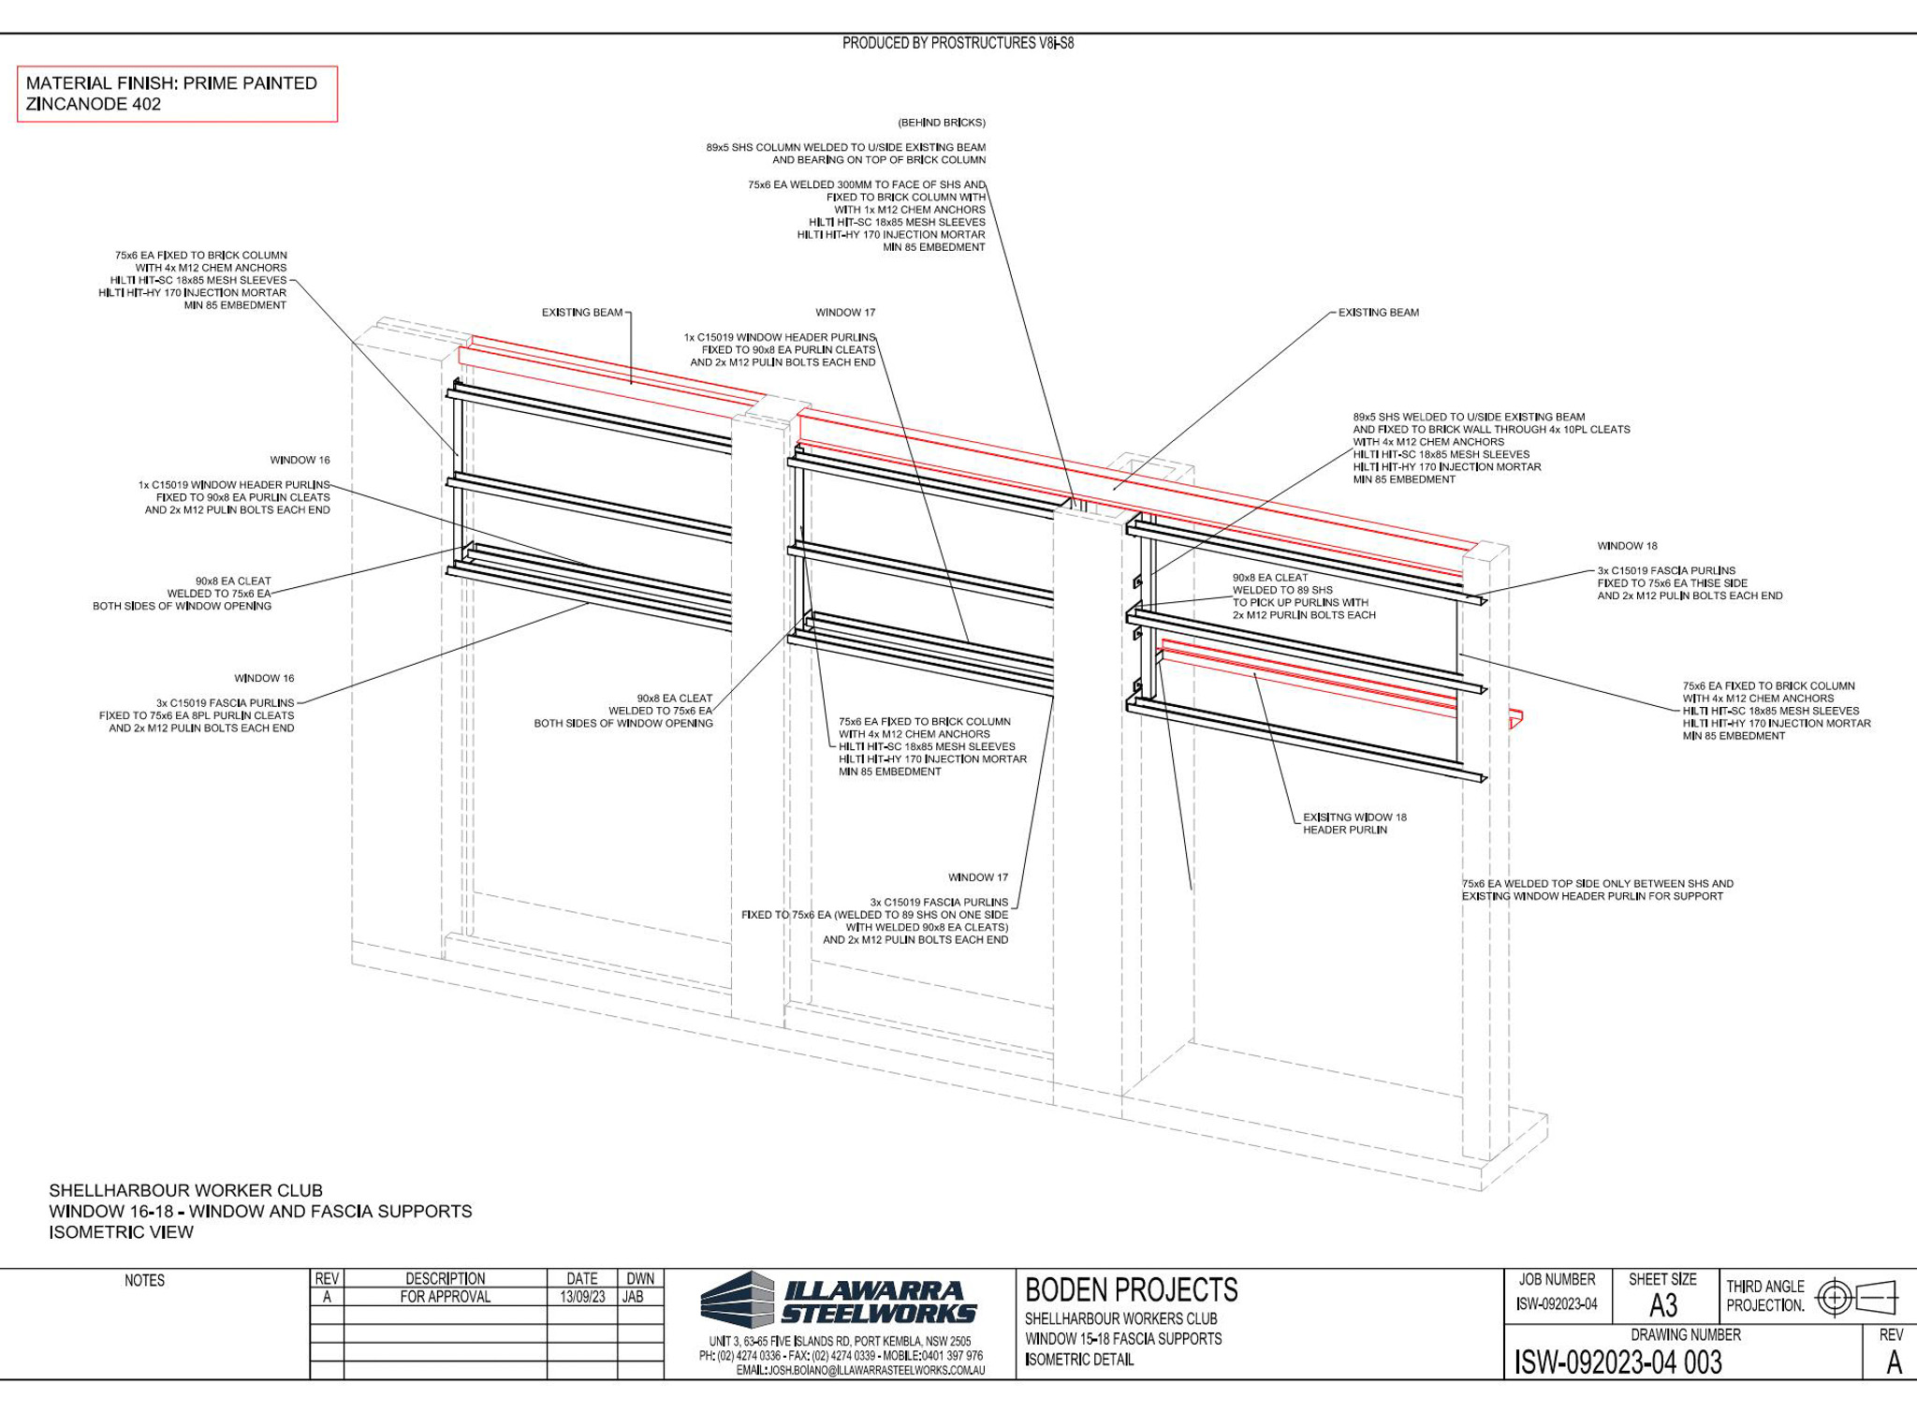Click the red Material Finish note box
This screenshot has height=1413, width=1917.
pos(177,94)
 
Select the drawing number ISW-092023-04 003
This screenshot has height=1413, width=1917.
pos(1618,1362)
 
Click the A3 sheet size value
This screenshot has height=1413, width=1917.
pos(1662,1305)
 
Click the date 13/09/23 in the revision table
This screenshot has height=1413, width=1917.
pos(582,1297)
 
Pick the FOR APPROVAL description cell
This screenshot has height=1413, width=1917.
pos(445,1297)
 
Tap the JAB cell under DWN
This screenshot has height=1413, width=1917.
pos(633,1297)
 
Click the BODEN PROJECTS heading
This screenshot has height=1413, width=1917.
pos(1131,1290)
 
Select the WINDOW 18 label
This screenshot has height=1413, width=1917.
pos(1627,546)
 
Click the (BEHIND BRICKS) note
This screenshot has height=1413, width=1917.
pos(942,123)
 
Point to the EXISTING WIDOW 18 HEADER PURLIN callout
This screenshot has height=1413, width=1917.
pos(1354,823)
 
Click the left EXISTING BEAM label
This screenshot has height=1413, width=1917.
pos(582,313)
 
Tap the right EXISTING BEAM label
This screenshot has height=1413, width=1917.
pos(1378,313)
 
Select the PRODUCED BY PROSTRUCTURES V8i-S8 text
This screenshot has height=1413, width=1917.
pos(958,43)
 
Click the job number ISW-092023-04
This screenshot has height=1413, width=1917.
pos(1557,1304)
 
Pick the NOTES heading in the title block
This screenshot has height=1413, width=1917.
pos(144,1280)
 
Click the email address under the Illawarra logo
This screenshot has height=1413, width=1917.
pos(860,1370)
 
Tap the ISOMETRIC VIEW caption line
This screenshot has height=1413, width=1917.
pos(122,1232)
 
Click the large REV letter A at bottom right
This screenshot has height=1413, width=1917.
pos(1894,1362)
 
